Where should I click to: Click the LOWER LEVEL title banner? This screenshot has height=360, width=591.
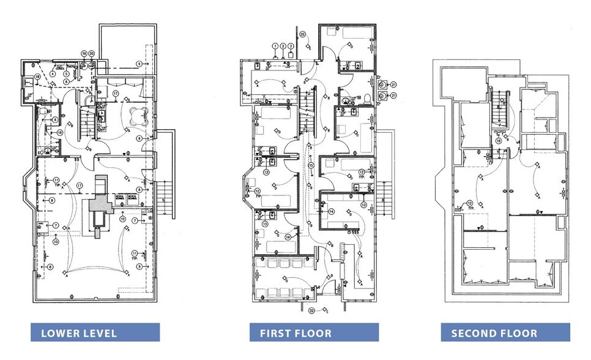pos(95,333)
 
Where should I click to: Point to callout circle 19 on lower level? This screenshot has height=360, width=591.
pos(84,54)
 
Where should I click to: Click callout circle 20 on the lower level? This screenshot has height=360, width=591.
pos(91,54)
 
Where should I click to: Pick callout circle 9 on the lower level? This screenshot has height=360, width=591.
pos(139,64)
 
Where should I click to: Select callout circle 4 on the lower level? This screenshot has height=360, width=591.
pos(53,74)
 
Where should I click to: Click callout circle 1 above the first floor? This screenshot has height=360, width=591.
pos(275,46)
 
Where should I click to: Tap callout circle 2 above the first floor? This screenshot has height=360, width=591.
pos(283,46)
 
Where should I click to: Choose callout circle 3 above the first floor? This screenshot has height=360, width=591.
pos(291,46)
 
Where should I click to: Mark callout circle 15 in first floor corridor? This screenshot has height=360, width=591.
pos(311,165)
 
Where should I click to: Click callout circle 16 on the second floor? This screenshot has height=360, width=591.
pos(499,140)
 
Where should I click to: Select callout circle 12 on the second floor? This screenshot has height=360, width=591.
pos(469,203)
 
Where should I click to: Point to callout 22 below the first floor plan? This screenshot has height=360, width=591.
pos(311,310)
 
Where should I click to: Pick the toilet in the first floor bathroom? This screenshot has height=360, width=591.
pos(367,98)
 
